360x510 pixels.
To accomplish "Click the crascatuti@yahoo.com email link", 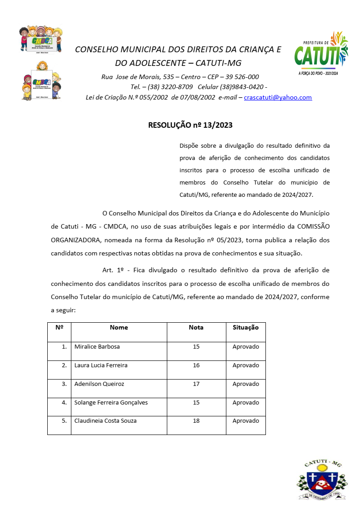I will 278,97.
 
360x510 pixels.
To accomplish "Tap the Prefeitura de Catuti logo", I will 321,54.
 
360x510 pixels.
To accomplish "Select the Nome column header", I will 119,327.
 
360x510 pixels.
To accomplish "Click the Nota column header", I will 196,327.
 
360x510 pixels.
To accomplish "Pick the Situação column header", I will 245,327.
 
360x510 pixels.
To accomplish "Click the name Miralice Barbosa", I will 97,346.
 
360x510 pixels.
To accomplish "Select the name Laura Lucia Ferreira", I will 101,365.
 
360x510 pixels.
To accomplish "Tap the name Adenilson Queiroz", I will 99,384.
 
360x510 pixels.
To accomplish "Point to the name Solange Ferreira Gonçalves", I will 111,402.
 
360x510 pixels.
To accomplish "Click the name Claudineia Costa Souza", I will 105,420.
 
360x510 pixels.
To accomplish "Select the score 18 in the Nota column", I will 196,420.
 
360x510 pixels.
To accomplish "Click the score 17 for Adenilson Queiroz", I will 196,384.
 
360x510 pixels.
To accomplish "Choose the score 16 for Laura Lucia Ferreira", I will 196,365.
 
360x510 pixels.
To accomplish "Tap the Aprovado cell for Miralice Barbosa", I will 245,346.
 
